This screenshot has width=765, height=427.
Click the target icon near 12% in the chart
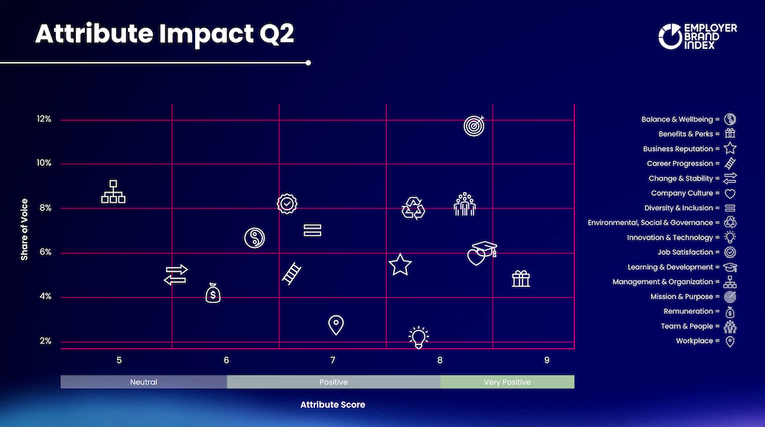474,126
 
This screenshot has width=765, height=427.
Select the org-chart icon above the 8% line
113,191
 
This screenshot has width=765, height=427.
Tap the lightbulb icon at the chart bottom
418,337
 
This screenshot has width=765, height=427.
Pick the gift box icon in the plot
521,279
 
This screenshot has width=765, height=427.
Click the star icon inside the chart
400,265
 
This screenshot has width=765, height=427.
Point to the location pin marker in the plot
336,325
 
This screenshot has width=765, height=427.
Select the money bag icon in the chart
213,293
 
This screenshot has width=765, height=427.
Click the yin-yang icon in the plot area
254,238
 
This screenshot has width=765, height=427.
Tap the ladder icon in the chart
291,274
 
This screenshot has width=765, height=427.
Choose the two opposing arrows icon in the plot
176,275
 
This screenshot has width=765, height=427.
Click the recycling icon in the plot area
413,208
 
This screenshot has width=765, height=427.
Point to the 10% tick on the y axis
44,163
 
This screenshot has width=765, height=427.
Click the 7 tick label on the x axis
333,360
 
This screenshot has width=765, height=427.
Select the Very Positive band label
507,382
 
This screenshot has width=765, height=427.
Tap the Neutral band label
144,382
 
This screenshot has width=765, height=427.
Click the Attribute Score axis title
333,405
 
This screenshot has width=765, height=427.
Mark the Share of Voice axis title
24,230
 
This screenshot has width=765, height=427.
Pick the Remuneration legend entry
699,311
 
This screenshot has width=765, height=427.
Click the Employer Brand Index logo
698,36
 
